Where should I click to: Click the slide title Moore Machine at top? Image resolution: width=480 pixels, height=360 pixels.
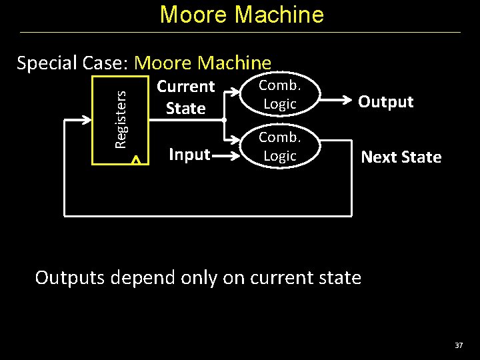[241, 15]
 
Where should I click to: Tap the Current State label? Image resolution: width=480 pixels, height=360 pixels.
[185, 97]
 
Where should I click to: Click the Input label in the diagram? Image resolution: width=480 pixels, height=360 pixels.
[189, 155]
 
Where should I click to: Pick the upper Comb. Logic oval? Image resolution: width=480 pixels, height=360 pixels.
[279, 95]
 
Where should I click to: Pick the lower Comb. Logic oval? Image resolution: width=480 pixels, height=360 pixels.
[279, 147]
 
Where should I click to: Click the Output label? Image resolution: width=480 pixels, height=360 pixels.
[385, 102]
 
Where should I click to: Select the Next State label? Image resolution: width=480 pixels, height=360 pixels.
[401, 157]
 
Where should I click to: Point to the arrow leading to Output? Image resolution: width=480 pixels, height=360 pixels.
[337, 102]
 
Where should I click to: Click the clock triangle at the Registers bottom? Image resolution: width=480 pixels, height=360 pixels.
[135, 160]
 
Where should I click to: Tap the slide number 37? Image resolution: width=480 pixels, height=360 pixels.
[458, 345]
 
